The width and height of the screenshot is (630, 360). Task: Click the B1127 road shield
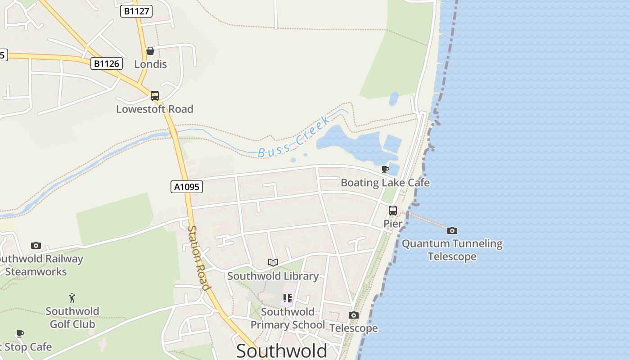[x=136, y=11]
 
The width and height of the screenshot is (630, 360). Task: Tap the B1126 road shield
[x=107, y=63]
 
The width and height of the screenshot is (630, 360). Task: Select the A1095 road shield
[x=187, y=186]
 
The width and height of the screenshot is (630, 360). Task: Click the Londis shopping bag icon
[x=150, y=51]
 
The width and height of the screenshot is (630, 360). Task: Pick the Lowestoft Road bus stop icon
[x=155, y=95]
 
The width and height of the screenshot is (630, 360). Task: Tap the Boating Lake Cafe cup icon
[x=385, y=169]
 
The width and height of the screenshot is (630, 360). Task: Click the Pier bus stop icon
[x=393, y=210]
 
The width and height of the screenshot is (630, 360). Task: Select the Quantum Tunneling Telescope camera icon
[x=452, y=230]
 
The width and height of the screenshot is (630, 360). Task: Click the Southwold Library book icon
[x=273, y=262]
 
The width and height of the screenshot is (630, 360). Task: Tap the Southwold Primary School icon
[x=288, y=298]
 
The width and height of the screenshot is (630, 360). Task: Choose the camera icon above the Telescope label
[x=354, y=315]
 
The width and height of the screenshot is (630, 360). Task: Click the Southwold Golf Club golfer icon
[x=72, y=297]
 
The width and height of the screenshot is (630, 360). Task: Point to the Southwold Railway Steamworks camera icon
[x=36, y=245]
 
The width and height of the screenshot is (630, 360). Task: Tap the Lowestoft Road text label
[x=155, y=109]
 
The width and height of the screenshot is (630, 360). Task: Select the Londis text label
[x=150, y=64]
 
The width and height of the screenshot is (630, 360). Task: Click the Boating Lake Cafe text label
[x=385, y=183]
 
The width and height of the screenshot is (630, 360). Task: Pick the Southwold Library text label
[x=273, y=276]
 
